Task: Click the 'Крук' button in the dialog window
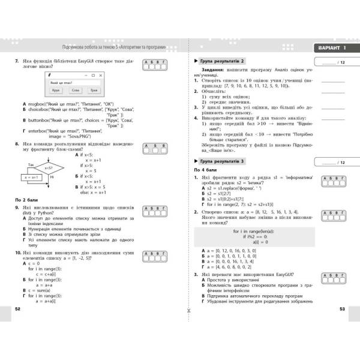coord(56,90)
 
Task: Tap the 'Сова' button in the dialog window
coord(75,90)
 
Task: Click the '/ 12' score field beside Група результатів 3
coord(334,163)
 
